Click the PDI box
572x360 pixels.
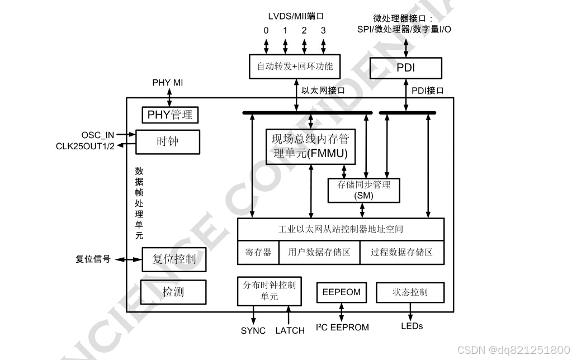[405, 68]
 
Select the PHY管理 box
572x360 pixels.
[170, 115]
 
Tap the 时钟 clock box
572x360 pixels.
[167, 141]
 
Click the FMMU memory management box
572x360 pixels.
[310, 146]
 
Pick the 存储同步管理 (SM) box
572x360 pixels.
[364, 190]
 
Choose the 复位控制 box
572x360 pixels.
[174, 259]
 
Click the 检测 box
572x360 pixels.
[173, 291]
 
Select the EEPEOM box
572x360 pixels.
[342, 292]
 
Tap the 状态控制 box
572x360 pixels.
[410, 292]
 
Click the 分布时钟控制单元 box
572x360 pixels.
[269, 291]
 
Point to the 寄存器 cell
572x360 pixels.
[258, 252]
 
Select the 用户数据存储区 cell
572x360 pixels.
[319, 252]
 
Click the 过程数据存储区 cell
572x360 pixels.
[401, 252]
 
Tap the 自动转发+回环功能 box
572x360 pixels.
[295, 67]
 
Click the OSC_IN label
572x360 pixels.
[98, 135]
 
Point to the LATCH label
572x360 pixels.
[290, 330]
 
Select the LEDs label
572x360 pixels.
[412, 326]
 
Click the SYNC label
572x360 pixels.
[253, 330]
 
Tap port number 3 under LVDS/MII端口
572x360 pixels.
[323, 31]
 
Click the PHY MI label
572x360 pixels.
[168, 83]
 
